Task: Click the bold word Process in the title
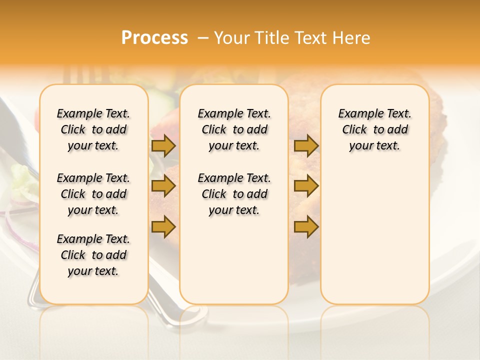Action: (154, 38)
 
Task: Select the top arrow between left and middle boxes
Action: (163, 145)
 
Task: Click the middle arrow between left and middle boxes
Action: (163, 186)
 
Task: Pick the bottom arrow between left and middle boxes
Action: (163, 227)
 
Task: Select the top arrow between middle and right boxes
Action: (306, 145)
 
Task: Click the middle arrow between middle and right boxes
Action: (306, 186)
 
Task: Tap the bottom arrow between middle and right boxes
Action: (306, 227)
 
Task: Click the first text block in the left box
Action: (93, 129)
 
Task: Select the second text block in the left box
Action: (93, 194)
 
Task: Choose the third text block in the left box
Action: (93, 255)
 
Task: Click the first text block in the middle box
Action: (234, 129)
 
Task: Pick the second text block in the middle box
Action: (234, 194)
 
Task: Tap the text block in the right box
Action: (374, 129)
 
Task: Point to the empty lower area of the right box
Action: (374, 235)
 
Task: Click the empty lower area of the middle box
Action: (234, 260)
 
